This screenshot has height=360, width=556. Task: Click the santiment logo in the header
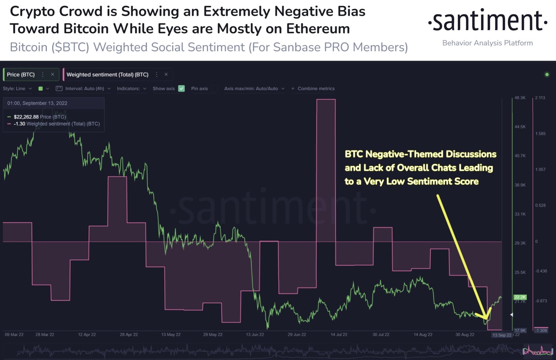tap(487, 21)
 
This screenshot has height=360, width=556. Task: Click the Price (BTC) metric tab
tap(21, 75)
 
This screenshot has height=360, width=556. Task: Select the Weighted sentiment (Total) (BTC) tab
tap(107, 75)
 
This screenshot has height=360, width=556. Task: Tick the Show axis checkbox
tap(182, 89)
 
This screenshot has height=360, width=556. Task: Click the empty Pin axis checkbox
tap(215, 89)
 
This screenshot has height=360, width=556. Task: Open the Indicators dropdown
tap(131, 89)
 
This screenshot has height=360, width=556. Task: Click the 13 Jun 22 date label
tap(255, 335)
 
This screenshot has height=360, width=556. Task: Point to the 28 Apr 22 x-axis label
tap(129, 335)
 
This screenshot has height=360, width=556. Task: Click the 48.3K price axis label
tap(520, 98)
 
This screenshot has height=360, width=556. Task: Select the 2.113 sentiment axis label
tap(540, 98)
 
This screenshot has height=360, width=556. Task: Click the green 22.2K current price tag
tap(520, 297)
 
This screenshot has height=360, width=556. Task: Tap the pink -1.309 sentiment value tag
tap(541, 330)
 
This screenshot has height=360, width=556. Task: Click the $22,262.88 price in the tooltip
tap(26, 117)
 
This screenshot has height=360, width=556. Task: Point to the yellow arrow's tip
tap(486, 319)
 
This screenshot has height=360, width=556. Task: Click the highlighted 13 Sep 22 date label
tap(502, 335)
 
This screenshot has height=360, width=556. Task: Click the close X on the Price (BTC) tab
tap(52, 75)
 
